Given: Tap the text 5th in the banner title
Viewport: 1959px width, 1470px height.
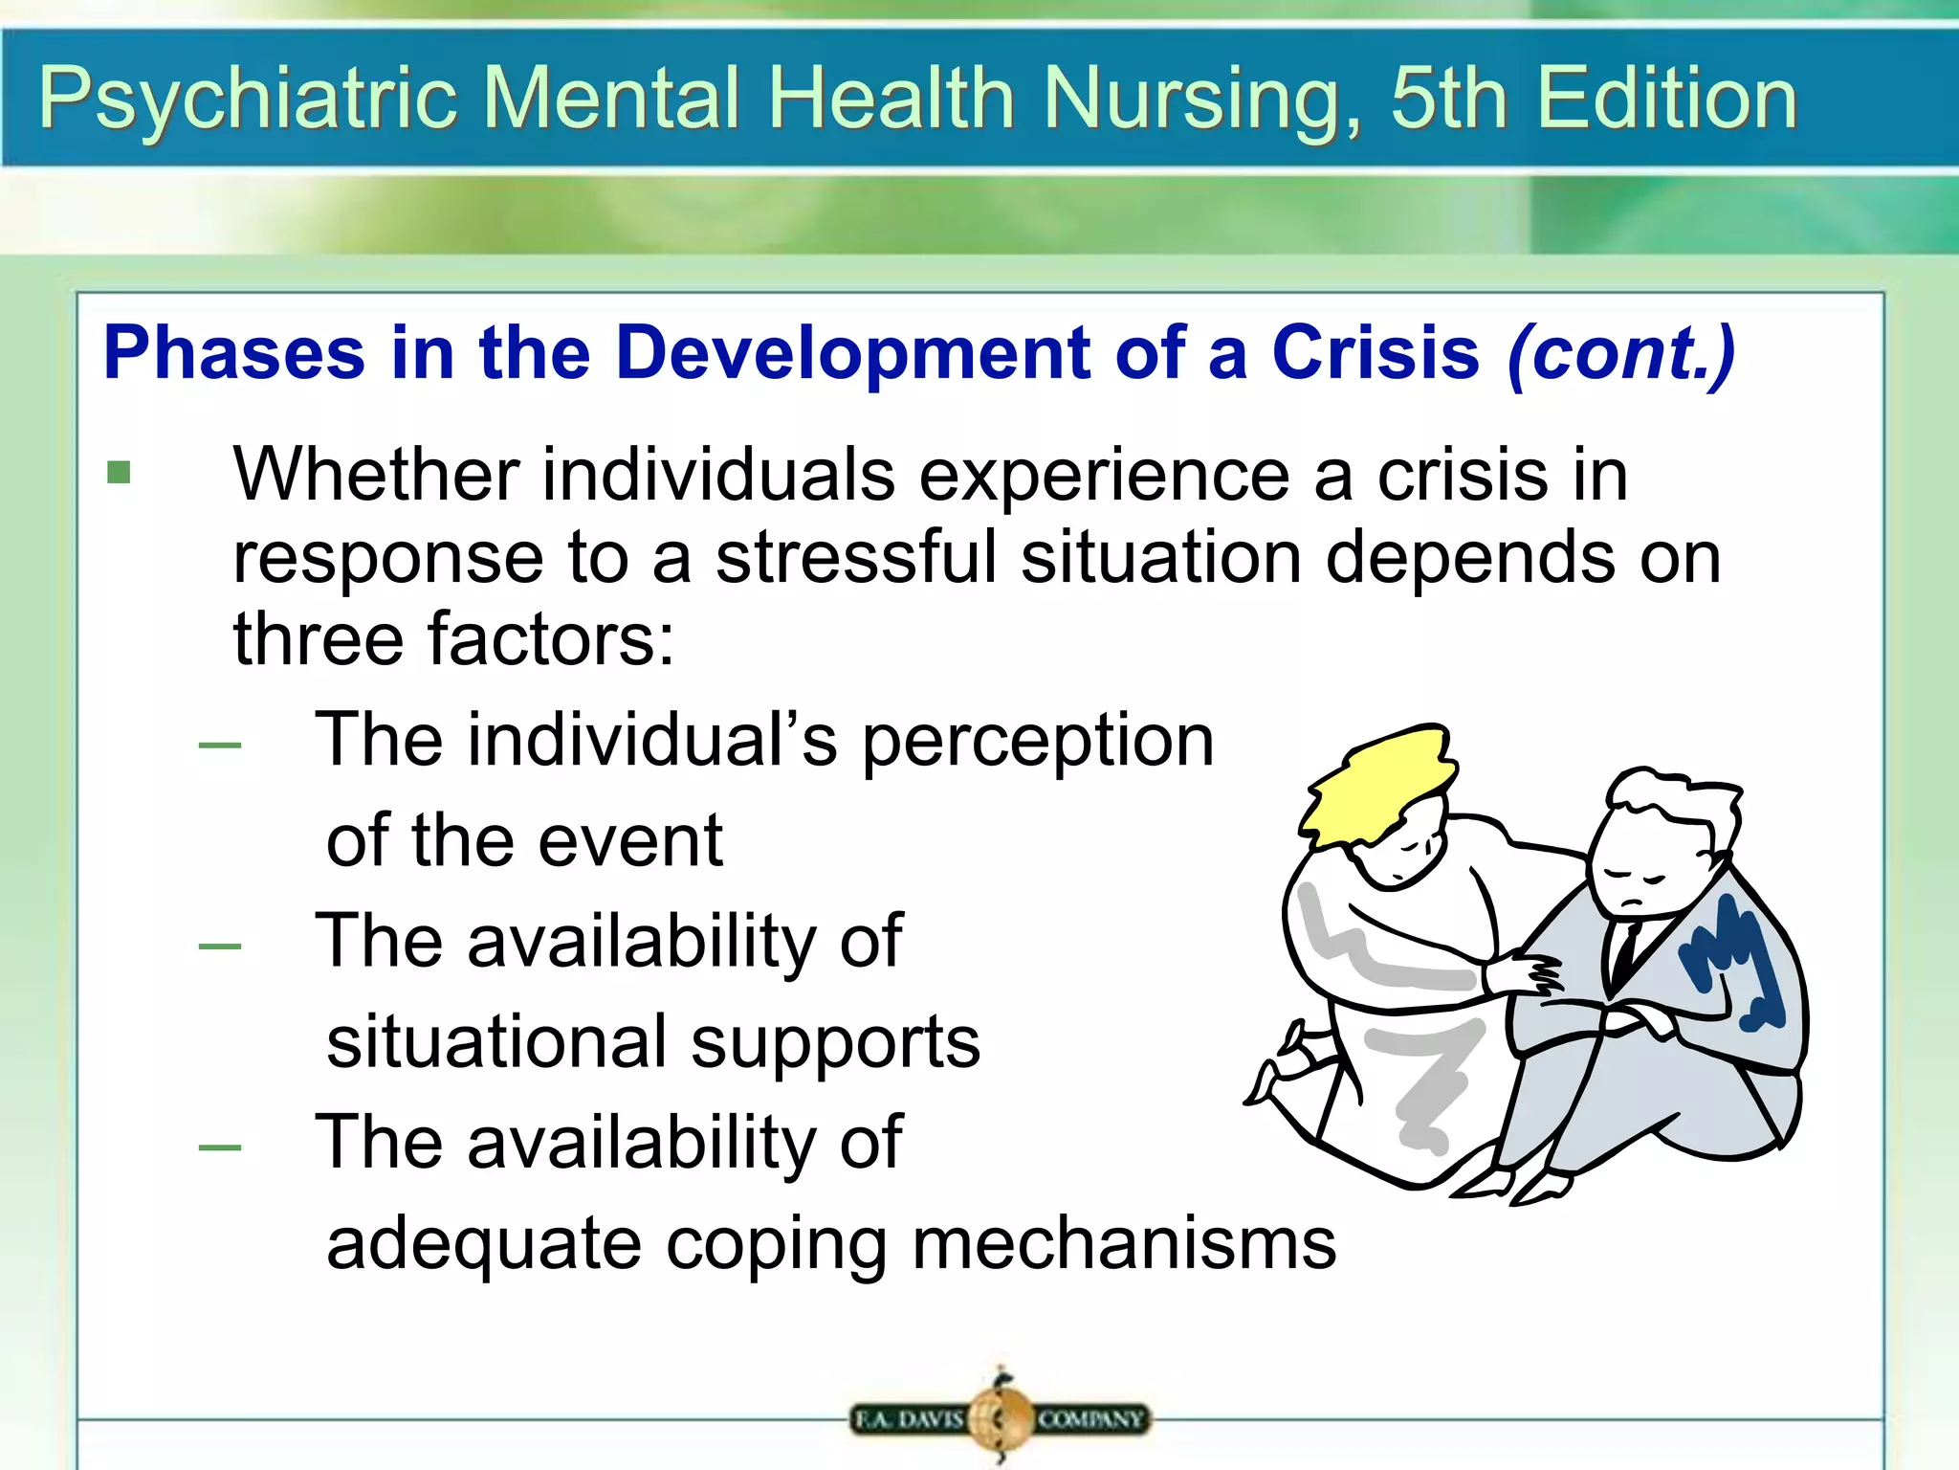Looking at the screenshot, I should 1448,99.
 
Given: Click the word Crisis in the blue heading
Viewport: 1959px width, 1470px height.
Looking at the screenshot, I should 1376,352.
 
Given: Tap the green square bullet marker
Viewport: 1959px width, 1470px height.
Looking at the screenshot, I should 119,473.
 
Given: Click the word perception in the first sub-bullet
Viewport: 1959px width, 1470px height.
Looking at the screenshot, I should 1038,741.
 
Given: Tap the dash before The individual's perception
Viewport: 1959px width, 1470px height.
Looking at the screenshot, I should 219,746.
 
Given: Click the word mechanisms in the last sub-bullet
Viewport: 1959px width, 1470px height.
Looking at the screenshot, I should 1124,1244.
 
